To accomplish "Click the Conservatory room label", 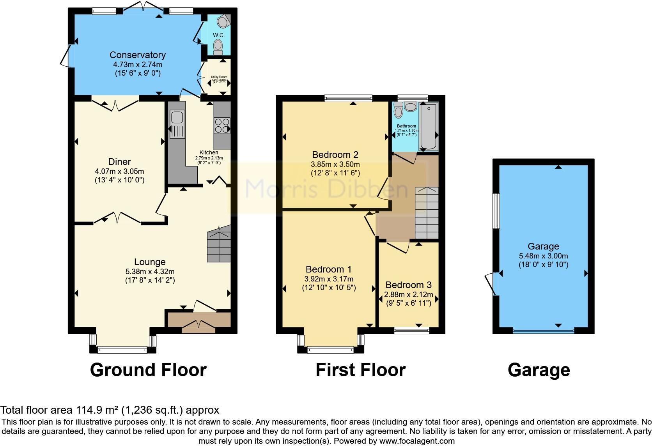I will click(137, 55).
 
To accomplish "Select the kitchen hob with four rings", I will click(222, 126).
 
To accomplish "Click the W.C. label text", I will click(219, 35).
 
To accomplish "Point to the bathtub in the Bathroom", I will click(428, 126).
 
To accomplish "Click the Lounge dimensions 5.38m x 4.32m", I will click(150, 272).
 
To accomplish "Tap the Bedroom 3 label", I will click(408, 285).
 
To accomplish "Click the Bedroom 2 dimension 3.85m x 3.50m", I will click(335, 165).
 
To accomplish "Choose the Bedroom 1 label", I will click(328, 269).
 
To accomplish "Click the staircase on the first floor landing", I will click(427, 213).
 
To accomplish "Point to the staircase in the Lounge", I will click(219, 246).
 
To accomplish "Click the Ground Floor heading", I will click(148, 370).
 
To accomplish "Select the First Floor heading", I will click(360, 370).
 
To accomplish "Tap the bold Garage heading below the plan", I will click(539, 370).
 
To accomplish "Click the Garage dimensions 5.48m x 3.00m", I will click(543, 256).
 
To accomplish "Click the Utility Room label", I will click(219, 77).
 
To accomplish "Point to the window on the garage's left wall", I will click(496, 211).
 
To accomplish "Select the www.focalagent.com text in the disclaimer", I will click(417, 441).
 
